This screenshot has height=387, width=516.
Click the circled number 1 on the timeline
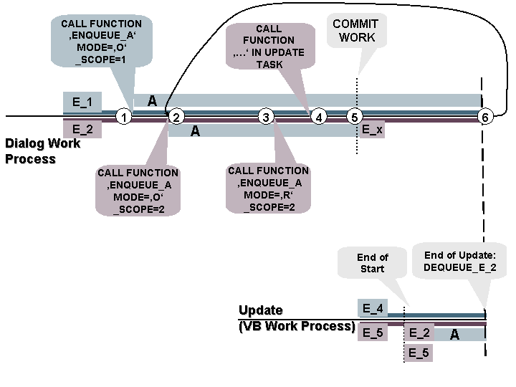tap(124, 117)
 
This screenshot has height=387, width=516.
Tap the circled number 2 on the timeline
tap(176, 117)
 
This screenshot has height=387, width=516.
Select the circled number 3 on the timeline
tap(266, 117)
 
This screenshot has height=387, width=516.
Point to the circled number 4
tap(318, 117)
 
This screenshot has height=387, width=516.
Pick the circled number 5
tap(354, 117)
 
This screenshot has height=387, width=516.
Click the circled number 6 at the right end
tap(485, 117)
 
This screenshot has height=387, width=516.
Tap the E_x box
tap(372, 130)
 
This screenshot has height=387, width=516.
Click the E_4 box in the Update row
tap(373, 309)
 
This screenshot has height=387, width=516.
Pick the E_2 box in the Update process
tap(419, 333)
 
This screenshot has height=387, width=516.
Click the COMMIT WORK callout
tap(357, 31)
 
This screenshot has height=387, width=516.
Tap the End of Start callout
tap(372, 263)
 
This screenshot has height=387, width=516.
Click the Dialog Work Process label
tap(42, 150)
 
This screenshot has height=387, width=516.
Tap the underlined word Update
tap(260, 310)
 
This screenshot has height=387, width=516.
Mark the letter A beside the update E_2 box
tap(454, 334)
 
